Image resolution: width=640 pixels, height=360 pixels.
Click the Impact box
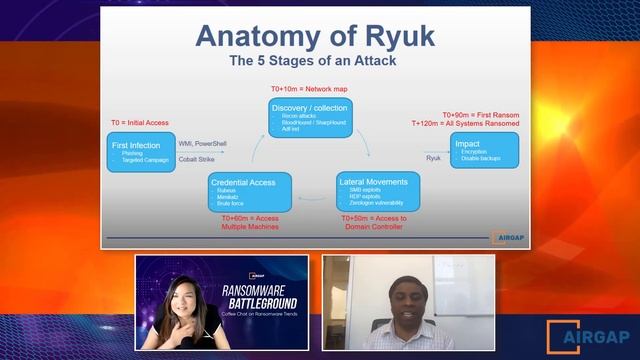point(484,150)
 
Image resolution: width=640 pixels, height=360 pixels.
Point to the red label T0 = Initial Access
point(153,124)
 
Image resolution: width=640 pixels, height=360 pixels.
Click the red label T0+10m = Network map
point(312,89)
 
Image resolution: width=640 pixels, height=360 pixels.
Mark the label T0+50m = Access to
point(373,218)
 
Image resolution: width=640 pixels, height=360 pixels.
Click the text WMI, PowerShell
point(204,144)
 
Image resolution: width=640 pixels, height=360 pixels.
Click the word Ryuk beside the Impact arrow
point(433,157)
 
